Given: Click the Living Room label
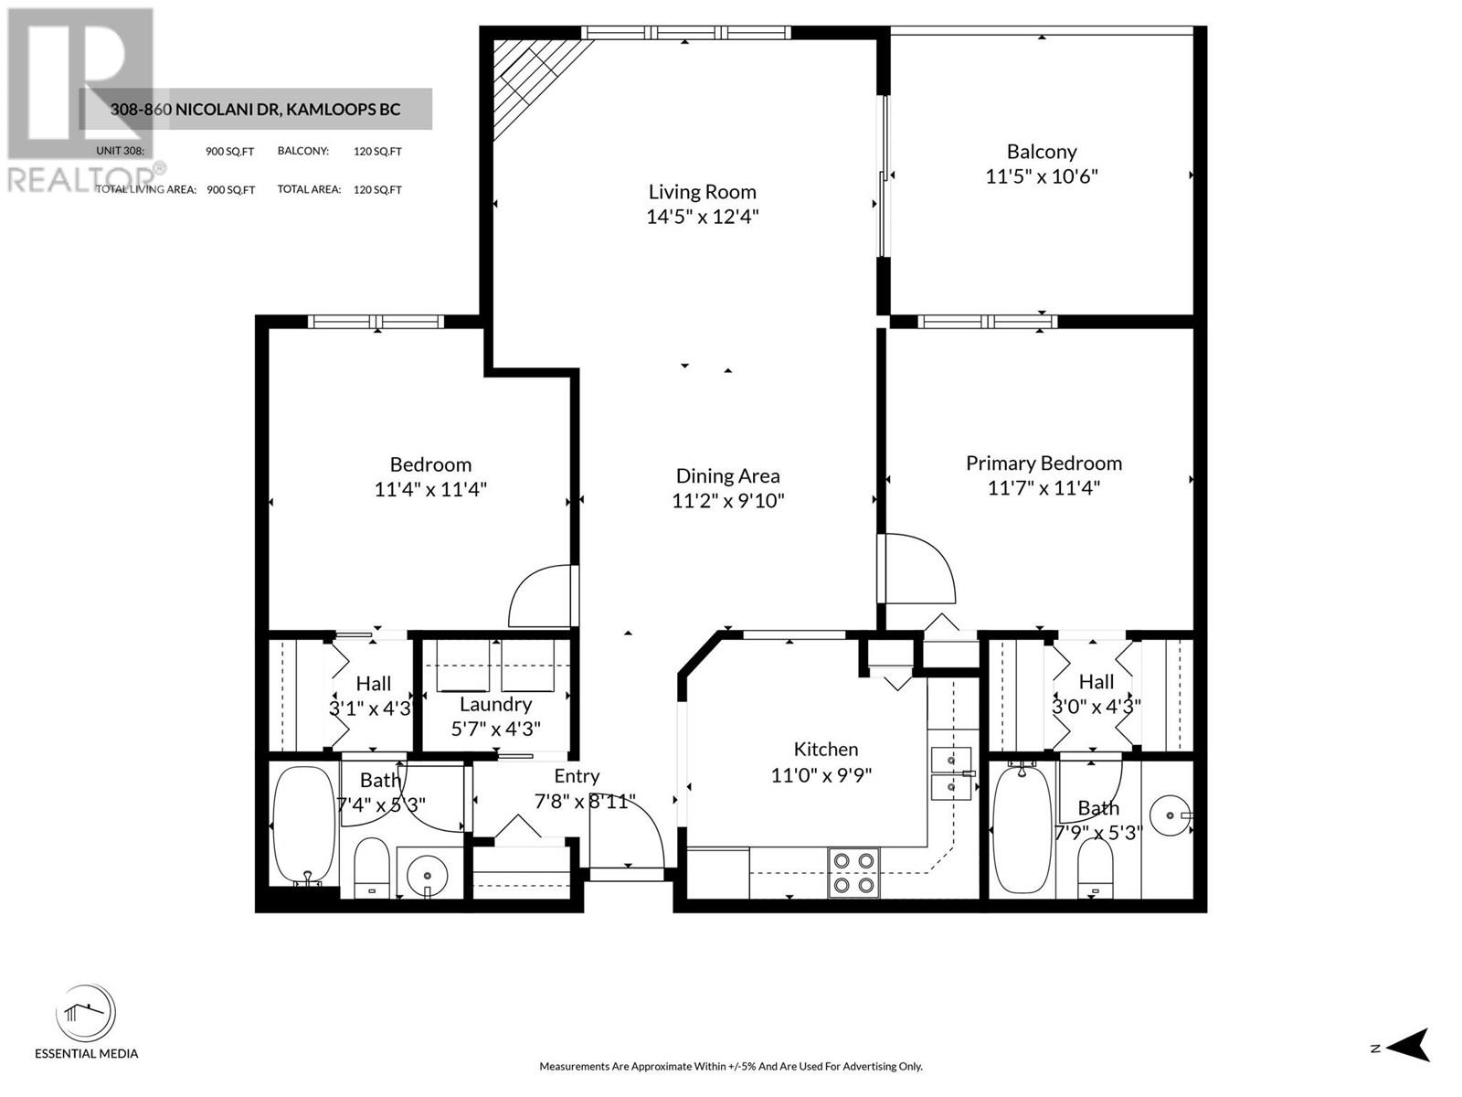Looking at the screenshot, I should (702, 192).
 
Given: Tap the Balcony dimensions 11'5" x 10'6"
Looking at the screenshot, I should (1041, 176).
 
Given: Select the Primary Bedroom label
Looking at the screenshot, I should (1044, 463).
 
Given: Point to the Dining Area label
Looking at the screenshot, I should (727, 475).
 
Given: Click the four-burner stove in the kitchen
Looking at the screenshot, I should (853, 872).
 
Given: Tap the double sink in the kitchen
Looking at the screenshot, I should (951, 772).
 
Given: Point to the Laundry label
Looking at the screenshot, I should (495, 704).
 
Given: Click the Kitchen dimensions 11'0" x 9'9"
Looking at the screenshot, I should (821, 775).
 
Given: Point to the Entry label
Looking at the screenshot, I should (577, 776).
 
